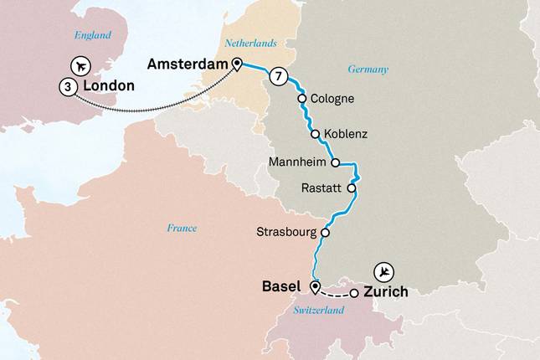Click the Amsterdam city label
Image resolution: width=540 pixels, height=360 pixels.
pos(188,64)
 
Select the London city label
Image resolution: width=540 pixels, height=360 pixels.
pos(108,85)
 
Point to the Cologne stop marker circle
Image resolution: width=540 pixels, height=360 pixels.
pos(301,99)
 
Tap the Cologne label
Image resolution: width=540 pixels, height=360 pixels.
pos(332,99)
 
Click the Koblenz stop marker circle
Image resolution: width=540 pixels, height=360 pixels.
pos(315,134)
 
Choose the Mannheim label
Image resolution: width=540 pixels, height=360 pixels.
pos(298,162)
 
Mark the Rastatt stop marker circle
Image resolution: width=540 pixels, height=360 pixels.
pos(352,189)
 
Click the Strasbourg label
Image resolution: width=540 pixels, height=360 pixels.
pos(285,234)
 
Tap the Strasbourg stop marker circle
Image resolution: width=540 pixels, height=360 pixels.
pos(325,234)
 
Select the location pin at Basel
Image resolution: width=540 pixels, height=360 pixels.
pos(315,288)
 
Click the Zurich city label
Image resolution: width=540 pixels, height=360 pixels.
pos(386,292)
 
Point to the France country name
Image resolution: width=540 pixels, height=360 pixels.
pos(182,228)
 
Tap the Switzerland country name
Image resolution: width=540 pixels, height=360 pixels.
pos(319,311)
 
